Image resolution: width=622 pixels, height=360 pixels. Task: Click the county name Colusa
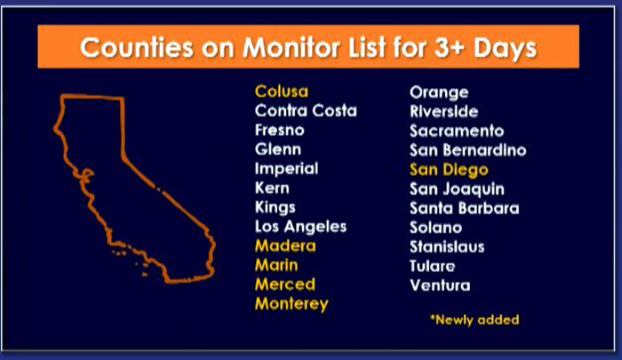point(282,92)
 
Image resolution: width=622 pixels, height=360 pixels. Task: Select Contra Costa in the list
point(306,111)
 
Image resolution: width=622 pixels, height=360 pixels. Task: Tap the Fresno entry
point(280,130)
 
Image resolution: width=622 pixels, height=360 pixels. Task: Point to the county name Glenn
point(278,149)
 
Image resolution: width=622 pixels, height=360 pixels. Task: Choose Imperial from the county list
point(286,169)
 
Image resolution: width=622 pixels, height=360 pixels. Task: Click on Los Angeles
point(300,227)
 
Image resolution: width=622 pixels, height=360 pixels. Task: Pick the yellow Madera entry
point(285,246)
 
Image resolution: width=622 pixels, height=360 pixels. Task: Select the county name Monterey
point(291,304)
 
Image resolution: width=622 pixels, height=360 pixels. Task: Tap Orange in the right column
point(439,92)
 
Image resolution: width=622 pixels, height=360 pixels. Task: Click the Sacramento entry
point(457,132)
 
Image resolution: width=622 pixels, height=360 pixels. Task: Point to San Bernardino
point(468,150)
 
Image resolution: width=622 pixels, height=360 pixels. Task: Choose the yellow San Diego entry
point(449,171)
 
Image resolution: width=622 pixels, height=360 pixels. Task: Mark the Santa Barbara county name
point(465,209)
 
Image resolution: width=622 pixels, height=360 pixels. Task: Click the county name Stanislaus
point(447,247)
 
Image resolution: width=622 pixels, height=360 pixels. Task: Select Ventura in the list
point(440,285)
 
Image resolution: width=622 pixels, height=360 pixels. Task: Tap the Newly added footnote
point(474,320)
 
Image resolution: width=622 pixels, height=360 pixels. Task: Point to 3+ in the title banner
point(450,48)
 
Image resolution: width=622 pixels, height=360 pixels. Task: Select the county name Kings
point(275,208)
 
